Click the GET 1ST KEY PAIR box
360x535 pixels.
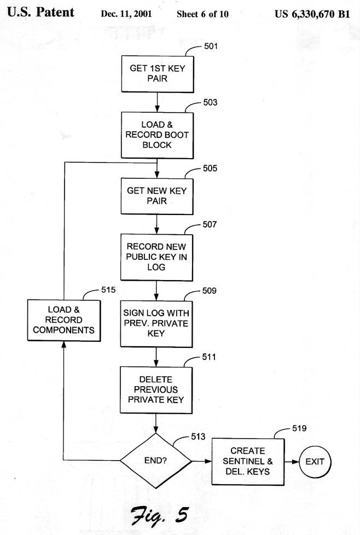click(x=157, y=74)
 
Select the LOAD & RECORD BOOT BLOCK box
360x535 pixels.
click(x=157, y=135)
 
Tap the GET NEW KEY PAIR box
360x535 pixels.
click(x=157, y=196)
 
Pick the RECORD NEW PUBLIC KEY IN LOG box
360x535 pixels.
click(x=157, y=257)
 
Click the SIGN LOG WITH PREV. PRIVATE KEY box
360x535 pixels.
click(x=157, y=323)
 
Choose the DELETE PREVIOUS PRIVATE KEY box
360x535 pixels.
click(x=157, y=389)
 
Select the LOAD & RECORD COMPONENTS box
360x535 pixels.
click(x=64, y=320)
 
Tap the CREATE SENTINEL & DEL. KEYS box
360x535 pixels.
click(x=248, y=461)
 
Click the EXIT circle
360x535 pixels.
click(x=315, y=461)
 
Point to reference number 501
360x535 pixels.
click(x=211, y=46)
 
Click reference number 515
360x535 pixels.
click(x=108, y=290)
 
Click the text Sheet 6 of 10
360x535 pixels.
click(x=202, y=14)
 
